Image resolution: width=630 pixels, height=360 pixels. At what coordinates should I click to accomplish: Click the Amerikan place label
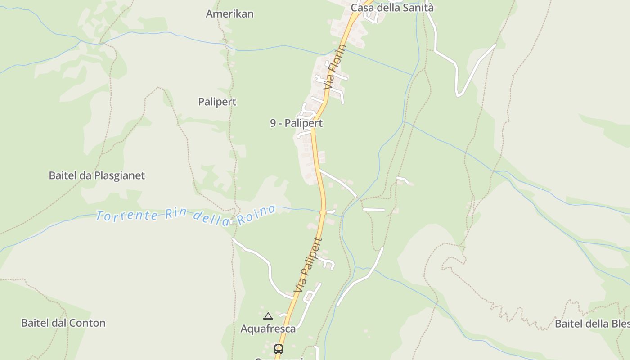point(229,14)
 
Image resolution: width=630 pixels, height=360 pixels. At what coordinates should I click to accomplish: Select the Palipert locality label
point(217,102)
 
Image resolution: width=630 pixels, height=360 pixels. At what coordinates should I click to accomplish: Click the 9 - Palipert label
point(296,123)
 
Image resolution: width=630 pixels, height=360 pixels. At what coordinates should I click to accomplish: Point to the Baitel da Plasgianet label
point(97,175)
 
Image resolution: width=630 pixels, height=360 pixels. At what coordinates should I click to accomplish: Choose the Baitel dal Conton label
point(63,323)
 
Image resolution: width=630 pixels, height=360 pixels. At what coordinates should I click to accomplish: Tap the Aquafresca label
point(268,328)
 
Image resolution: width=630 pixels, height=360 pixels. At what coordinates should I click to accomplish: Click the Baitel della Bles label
point(592,324)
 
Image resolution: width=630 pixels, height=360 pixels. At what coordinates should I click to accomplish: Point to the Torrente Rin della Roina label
point(185,215)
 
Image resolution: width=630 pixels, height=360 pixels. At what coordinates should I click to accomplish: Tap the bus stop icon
point(279,349)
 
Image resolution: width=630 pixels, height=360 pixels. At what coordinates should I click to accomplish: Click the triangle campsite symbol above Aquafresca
point(268,316)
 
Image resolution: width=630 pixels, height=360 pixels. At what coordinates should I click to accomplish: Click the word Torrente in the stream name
point(126,216)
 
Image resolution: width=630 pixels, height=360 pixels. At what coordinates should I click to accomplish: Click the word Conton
point(89,323)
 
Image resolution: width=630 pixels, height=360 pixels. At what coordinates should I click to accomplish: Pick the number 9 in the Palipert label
point(273,123)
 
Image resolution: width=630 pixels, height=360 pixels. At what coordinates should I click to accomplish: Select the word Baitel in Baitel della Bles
point(569,324)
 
